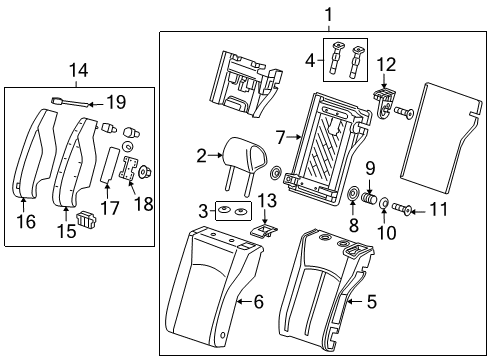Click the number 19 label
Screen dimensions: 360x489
tap(118, 101)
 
